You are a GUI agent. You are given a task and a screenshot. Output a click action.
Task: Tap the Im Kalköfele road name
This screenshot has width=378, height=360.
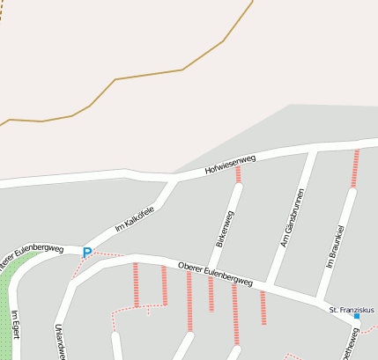click(x=134, y=219)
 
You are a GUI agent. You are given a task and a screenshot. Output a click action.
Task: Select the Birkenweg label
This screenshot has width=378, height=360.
click(x=226, y=227)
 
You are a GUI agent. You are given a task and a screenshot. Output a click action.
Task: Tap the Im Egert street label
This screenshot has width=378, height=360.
click(x=15, y=326)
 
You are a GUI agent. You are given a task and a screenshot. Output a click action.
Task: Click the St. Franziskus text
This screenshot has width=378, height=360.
click(x=352, y=310)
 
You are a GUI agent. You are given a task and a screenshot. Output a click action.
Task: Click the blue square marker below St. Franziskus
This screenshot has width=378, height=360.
click(x=357, y=316)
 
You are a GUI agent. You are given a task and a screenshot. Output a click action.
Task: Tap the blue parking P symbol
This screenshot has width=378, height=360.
click(x=86, y=253)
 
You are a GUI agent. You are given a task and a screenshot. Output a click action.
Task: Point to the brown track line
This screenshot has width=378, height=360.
click(x=148, y=75)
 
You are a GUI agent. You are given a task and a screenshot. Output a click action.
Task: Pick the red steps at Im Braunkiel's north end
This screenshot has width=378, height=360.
click(x=355, y=167)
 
